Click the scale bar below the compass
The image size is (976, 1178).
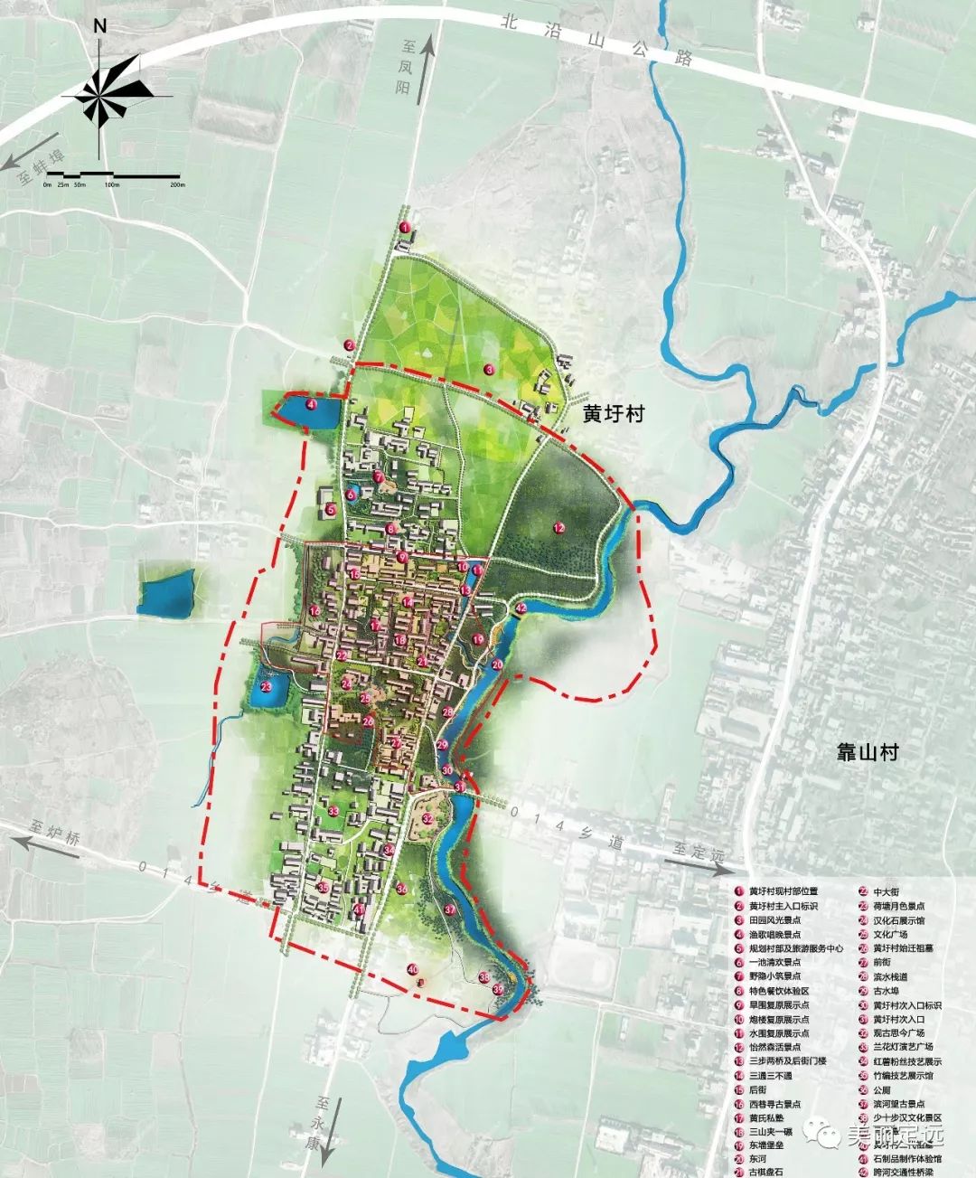(112, 173)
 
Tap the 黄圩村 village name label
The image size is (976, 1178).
(613, 414)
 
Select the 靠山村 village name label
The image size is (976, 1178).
(867, 751)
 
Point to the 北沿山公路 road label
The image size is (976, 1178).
(596, 38)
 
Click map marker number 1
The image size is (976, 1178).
(406, 228)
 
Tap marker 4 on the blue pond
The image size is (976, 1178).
(310, 405)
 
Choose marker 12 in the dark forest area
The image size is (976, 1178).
(558, 528)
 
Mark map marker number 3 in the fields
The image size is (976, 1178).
(488, 369)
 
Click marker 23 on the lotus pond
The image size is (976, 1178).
(267, 687)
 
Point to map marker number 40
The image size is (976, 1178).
(412, 969)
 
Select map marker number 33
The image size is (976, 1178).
(333, 811)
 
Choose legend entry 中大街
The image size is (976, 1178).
(880, 891)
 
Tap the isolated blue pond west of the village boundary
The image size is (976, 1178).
(166, 594)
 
